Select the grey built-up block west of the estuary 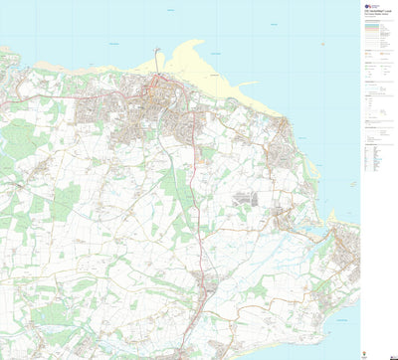(x=245, y=198)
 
